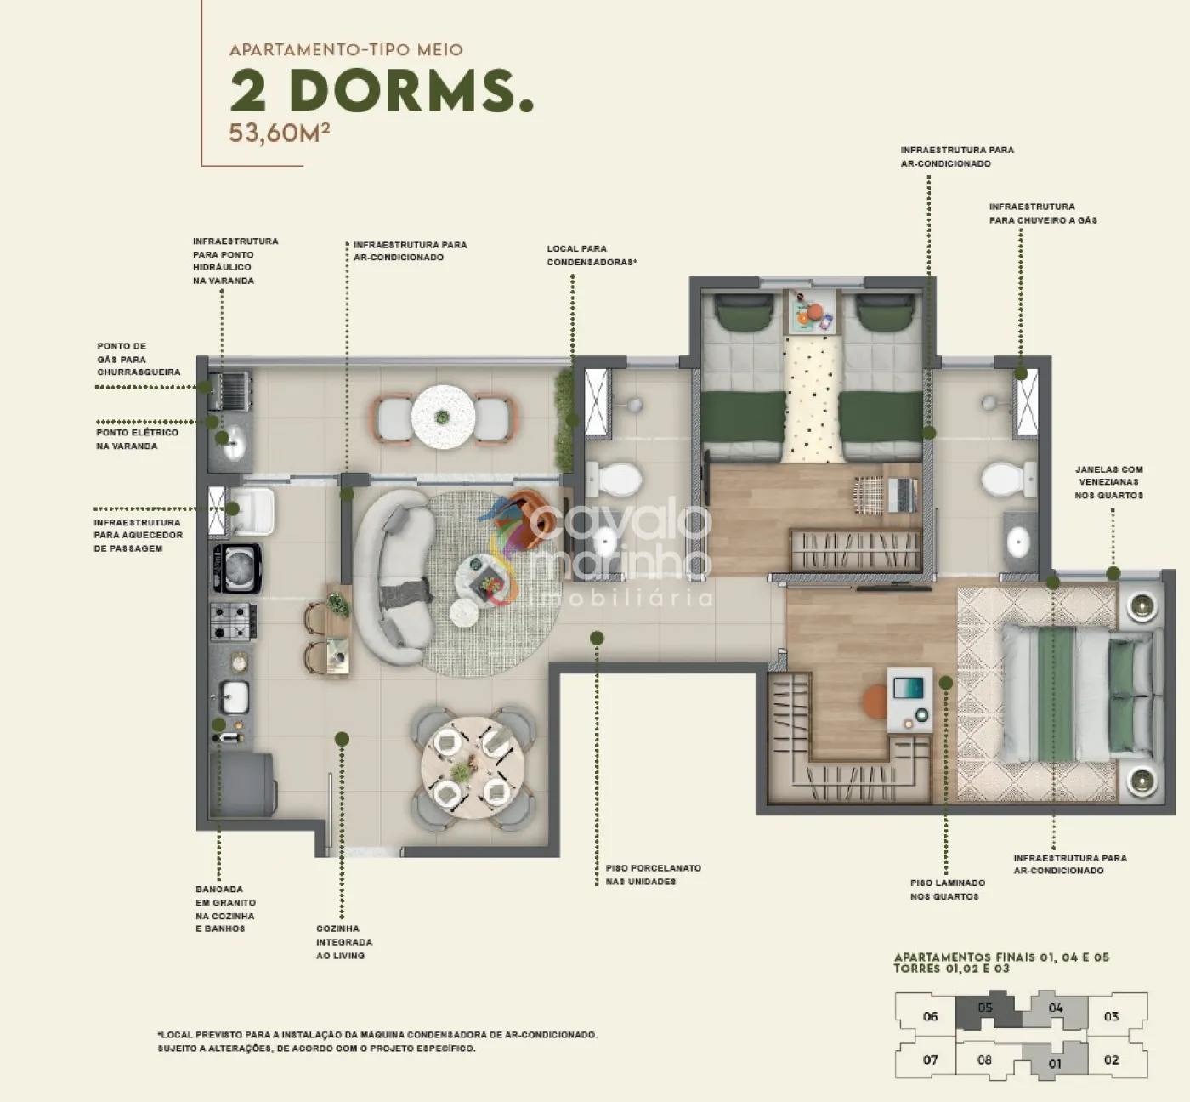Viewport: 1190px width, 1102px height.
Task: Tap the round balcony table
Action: [443, 417]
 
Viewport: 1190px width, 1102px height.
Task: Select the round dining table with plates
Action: [473, 770]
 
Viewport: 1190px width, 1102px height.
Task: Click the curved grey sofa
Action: [394, 577]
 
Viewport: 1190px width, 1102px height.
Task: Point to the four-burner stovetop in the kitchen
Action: [234, 621]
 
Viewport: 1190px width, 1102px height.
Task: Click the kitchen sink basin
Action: [235, 697]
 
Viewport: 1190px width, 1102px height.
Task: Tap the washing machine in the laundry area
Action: [237, 568]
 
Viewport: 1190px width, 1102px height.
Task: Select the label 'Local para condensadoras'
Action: [592, 255]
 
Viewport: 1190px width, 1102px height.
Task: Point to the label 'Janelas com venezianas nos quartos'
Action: [1109, 482]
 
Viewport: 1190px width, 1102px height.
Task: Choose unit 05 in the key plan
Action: [989, 1009]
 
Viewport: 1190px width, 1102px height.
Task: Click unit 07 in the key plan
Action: [931, 1060]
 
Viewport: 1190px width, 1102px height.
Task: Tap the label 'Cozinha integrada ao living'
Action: [344, 942]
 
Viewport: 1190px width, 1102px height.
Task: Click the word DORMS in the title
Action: [412, 92]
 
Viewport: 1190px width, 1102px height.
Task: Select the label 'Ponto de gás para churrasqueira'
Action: [139, 359]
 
